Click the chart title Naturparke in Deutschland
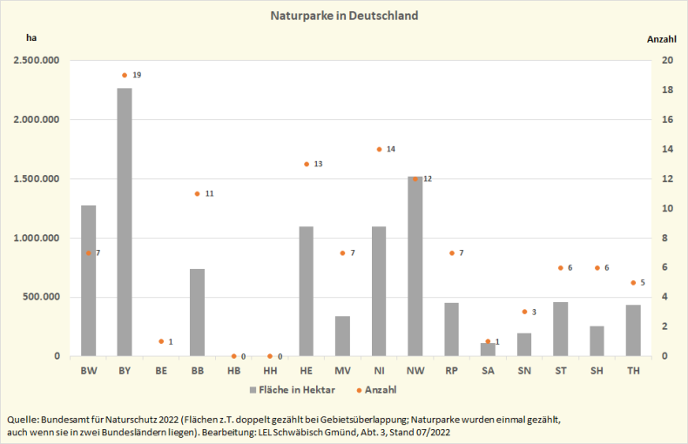click(344, 16)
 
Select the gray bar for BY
click(125, 222)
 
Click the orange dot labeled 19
click(125, 75)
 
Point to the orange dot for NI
click(379, 149)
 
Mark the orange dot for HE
click(307, 164)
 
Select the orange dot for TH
click(633, 282)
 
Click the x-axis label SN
click(524, 371)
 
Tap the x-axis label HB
click(233, 371)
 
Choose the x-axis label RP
click(452, 371)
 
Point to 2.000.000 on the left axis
click(36, 119)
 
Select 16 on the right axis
click(666, 119)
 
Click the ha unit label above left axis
click(31, 38)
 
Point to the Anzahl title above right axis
click(661, 38)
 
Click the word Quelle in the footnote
click(23, 419)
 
